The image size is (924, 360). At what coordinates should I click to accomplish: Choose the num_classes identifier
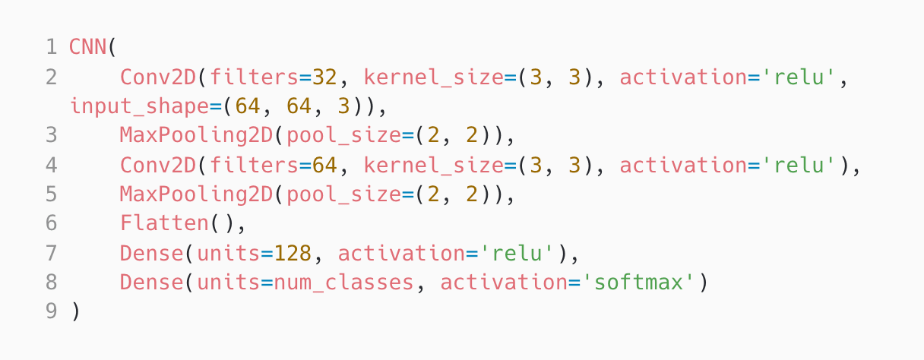[x=344, y=283]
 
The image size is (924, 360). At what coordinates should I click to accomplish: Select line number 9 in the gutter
[x=51, y=311]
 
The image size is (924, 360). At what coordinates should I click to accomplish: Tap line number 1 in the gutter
[x=51, y=47]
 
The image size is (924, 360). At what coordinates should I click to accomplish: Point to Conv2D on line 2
[x=157, y=77]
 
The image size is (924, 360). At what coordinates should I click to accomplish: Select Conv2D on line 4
[x=157, y=165]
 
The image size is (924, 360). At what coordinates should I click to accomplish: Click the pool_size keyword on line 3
[x=337, y=136]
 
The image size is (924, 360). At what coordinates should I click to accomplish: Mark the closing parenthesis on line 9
[x=74, y=311]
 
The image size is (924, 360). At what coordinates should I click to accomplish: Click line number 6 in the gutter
[x=51, y=223]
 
